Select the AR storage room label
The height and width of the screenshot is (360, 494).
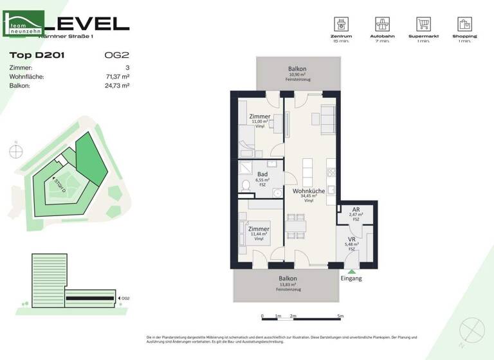click(355, 210)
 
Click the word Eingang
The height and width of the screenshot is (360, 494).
click(351, 278)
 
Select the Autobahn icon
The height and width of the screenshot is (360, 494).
click(381, 24)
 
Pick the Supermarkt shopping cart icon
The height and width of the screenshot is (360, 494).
click(423, 24)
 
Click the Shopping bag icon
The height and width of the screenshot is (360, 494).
click(464, 24)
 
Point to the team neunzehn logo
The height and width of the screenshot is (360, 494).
click(24, 24)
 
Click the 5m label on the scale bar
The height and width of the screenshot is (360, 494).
click(340, 316)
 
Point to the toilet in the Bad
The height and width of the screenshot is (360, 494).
click(246, 186)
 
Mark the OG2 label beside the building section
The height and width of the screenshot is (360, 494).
click(125, 298)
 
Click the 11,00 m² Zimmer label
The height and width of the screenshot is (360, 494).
click(259, 116)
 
